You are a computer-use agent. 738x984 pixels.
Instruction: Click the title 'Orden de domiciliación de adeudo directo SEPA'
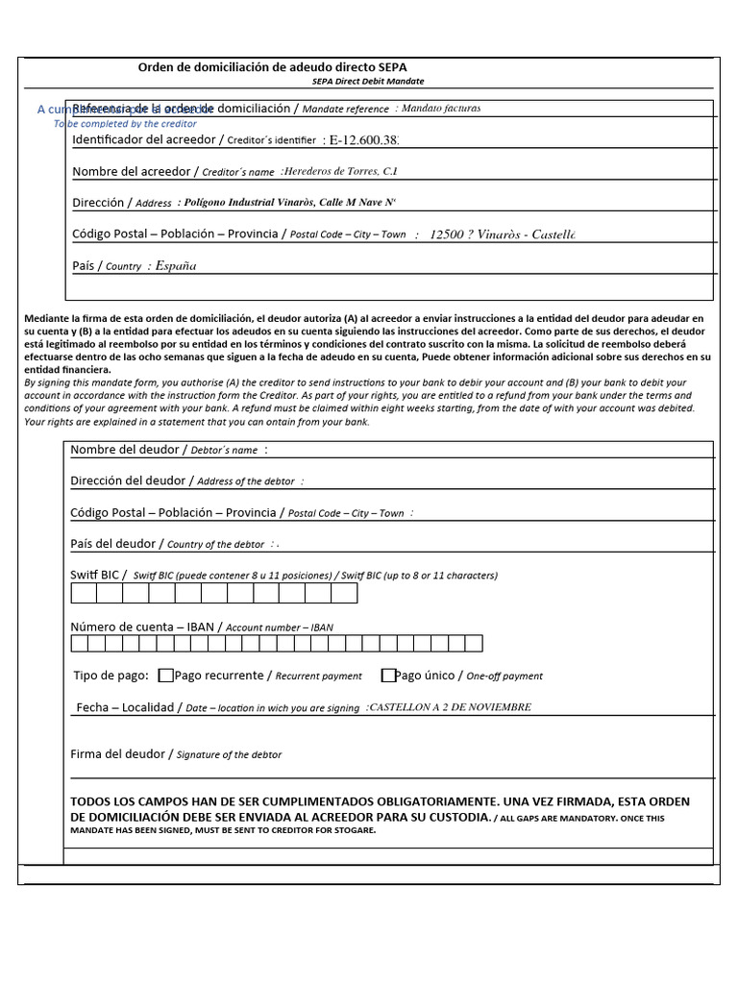[273, 67]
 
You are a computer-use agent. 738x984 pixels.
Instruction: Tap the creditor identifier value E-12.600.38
[363, 140]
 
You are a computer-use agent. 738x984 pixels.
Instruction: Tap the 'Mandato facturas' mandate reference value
[440, 109]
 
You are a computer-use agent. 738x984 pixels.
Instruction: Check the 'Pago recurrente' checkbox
[166, 676]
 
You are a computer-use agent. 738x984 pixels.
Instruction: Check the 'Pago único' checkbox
[389, 676]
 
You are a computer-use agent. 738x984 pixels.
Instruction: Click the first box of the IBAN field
[80, 644]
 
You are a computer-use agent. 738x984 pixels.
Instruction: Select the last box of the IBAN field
[474, 644]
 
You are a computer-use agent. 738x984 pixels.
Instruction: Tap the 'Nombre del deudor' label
[125, 450]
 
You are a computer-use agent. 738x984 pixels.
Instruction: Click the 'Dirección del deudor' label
[129, 480]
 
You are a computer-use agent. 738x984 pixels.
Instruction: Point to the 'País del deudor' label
[112, 544]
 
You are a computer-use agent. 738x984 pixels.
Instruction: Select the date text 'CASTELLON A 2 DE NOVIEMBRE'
[449, 707]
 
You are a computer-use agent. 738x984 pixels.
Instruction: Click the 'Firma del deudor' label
[121, 754]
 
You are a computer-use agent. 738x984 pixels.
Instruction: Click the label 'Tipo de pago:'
[111, 676]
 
